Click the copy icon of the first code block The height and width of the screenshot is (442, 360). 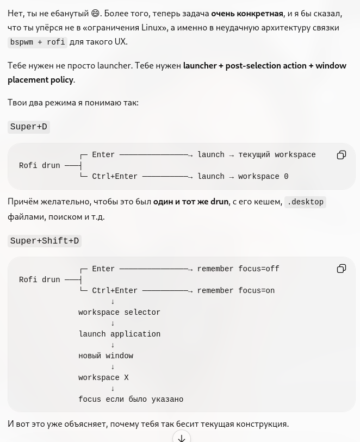342,155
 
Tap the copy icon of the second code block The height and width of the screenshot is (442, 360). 342,269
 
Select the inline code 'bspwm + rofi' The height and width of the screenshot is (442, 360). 38,42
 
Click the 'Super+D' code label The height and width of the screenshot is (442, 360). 29,127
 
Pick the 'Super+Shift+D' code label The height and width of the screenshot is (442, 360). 45,241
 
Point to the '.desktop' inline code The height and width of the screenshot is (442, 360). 305,202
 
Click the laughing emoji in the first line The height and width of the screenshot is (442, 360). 96,13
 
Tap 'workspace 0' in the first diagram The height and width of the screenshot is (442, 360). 263,177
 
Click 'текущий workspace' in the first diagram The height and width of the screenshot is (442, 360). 277,155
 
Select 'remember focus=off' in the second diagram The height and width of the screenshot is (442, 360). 238,269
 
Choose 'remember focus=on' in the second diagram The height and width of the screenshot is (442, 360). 236,290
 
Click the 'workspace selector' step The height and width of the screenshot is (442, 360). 119,312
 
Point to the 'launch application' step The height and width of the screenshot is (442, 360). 119,334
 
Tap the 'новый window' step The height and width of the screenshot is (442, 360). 105,356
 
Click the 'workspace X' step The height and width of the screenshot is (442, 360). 103,377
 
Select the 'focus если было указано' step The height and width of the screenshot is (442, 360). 131,399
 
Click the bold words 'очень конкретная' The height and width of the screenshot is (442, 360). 247,14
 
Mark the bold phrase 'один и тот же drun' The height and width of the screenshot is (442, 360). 191,202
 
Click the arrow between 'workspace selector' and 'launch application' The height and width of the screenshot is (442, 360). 113,323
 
